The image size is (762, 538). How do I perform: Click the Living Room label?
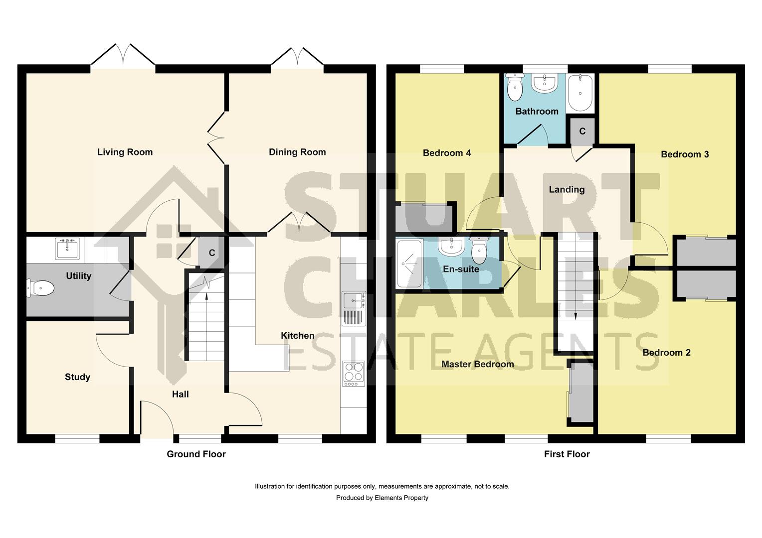[125, 152]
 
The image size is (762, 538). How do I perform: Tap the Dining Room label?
[297, 152]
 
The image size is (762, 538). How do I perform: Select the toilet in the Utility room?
[41, 287]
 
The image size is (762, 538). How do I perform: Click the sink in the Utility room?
[67, 248]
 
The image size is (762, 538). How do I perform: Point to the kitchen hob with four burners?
[354, 373]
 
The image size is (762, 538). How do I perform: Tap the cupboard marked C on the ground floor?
[211, 253]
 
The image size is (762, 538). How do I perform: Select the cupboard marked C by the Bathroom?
[582, 131]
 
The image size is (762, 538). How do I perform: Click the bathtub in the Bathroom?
[581, 93]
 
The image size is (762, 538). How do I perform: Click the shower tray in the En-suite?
[409, 264]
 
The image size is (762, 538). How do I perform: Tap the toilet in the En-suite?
[479, 251]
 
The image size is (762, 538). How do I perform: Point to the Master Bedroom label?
[477, 364]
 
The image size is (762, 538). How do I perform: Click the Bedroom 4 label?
[446, 153]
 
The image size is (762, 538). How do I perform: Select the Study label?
[77, 377]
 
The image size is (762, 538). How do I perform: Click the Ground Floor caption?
[196, 454]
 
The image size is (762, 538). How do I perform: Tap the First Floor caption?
[567, 454]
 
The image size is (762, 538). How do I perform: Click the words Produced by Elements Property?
[382, 498]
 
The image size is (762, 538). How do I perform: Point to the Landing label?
[567, 189]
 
